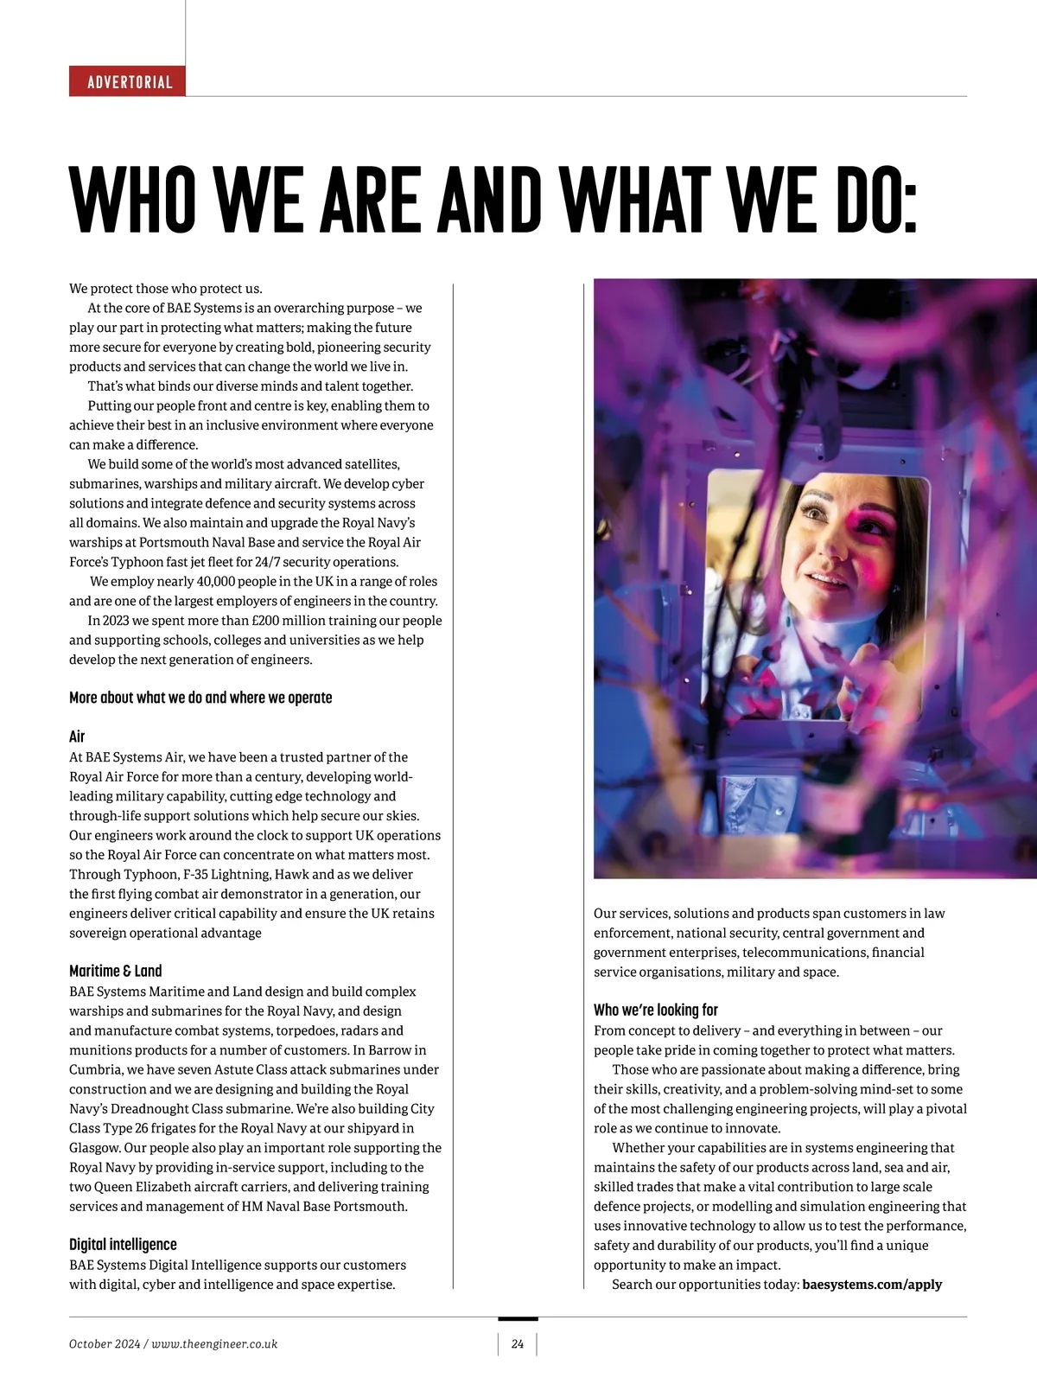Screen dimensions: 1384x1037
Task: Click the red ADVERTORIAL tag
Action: point(128,82)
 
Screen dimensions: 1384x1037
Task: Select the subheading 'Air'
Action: point(77,737)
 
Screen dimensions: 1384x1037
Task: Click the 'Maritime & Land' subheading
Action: point(116,971)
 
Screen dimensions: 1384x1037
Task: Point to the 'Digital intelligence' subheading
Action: point(123,1244)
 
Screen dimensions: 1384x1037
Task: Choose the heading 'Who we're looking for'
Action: point(656,1010)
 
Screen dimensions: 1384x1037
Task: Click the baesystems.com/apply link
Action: point(872,1284)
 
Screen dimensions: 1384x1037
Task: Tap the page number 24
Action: point(518,1344)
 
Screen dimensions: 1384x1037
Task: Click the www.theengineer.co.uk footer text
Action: point(214,1344)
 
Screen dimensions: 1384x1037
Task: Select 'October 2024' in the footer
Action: point(103,1344)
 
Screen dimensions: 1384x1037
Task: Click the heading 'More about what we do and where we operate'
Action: point(200,698)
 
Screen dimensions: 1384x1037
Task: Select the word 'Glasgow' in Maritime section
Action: point(94,1147)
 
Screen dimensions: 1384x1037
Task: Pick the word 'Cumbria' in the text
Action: point(95,1069)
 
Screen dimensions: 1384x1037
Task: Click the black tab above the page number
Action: point(518,1319)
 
